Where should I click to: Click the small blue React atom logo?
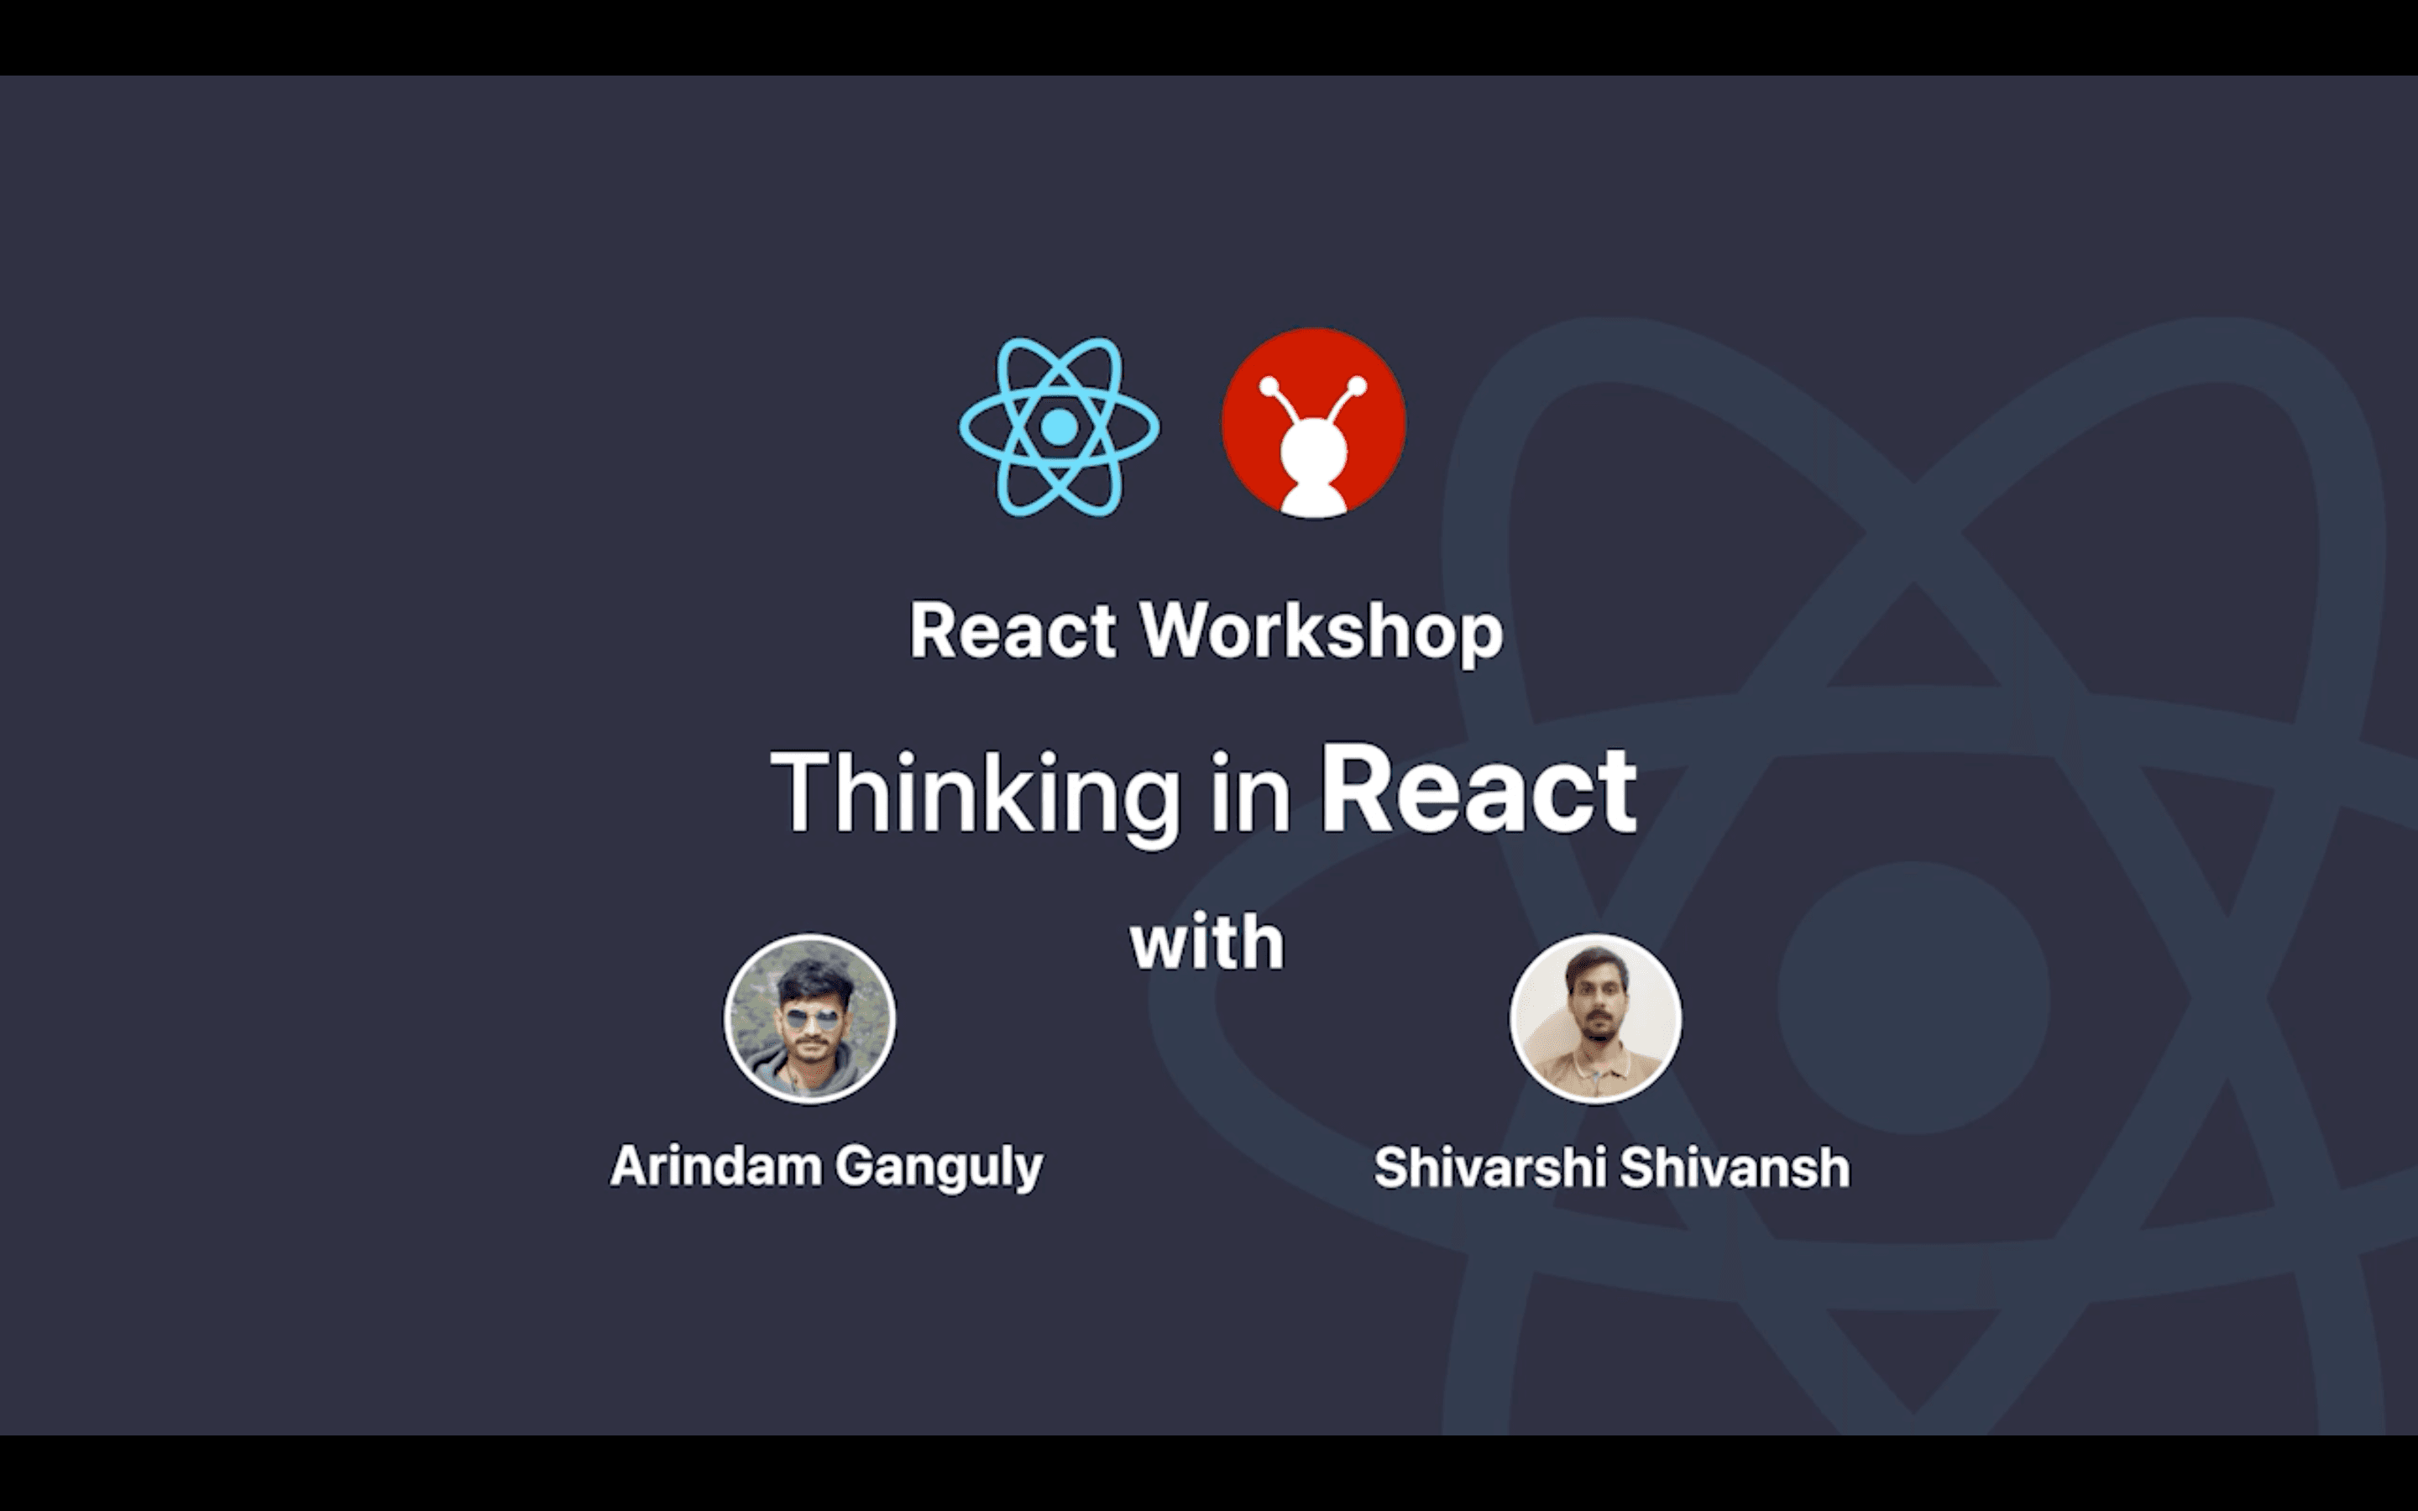point(1059,426)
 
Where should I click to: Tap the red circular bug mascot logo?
point(1314,423)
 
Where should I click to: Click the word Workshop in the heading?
point(1322,631)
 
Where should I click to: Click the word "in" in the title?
point(1251,793)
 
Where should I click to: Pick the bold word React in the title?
point(1479,789)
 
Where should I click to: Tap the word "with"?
point(1207,943)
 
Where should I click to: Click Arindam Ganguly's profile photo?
point(809,1018)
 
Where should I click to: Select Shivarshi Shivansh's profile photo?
point(1596,1018)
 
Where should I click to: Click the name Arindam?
point(715,1165)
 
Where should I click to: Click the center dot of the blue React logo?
point(1059,426)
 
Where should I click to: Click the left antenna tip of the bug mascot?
point(1269,387)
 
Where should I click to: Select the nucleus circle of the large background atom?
point(1913,998)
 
